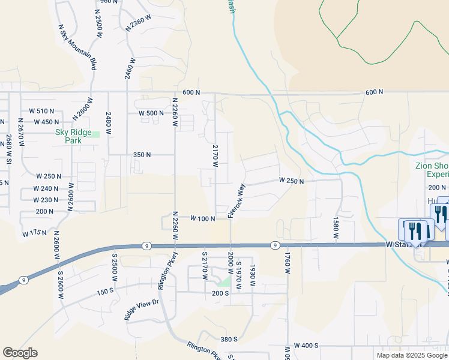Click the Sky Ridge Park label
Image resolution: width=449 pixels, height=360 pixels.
pos(68,136)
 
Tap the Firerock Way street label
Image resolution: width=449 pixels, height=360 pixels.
pos(237,200)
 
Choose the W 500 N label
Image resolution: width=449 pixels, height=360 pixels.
pos(151,113)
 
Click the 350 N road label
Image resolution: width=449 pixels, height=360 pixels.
pos(141,155)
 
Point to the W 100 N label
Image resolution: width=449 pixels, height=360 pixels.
pos(203,219)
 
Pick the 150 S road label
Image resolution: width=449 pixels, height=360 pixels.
pos(104,274)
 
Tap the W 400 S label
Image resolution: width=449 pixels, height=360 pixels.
pos(306,347)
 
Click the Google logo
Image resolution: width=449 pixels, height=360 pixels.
pos(20,353)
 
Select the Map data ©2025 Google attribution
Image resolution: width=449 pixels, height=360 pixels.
pos(412,355)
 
